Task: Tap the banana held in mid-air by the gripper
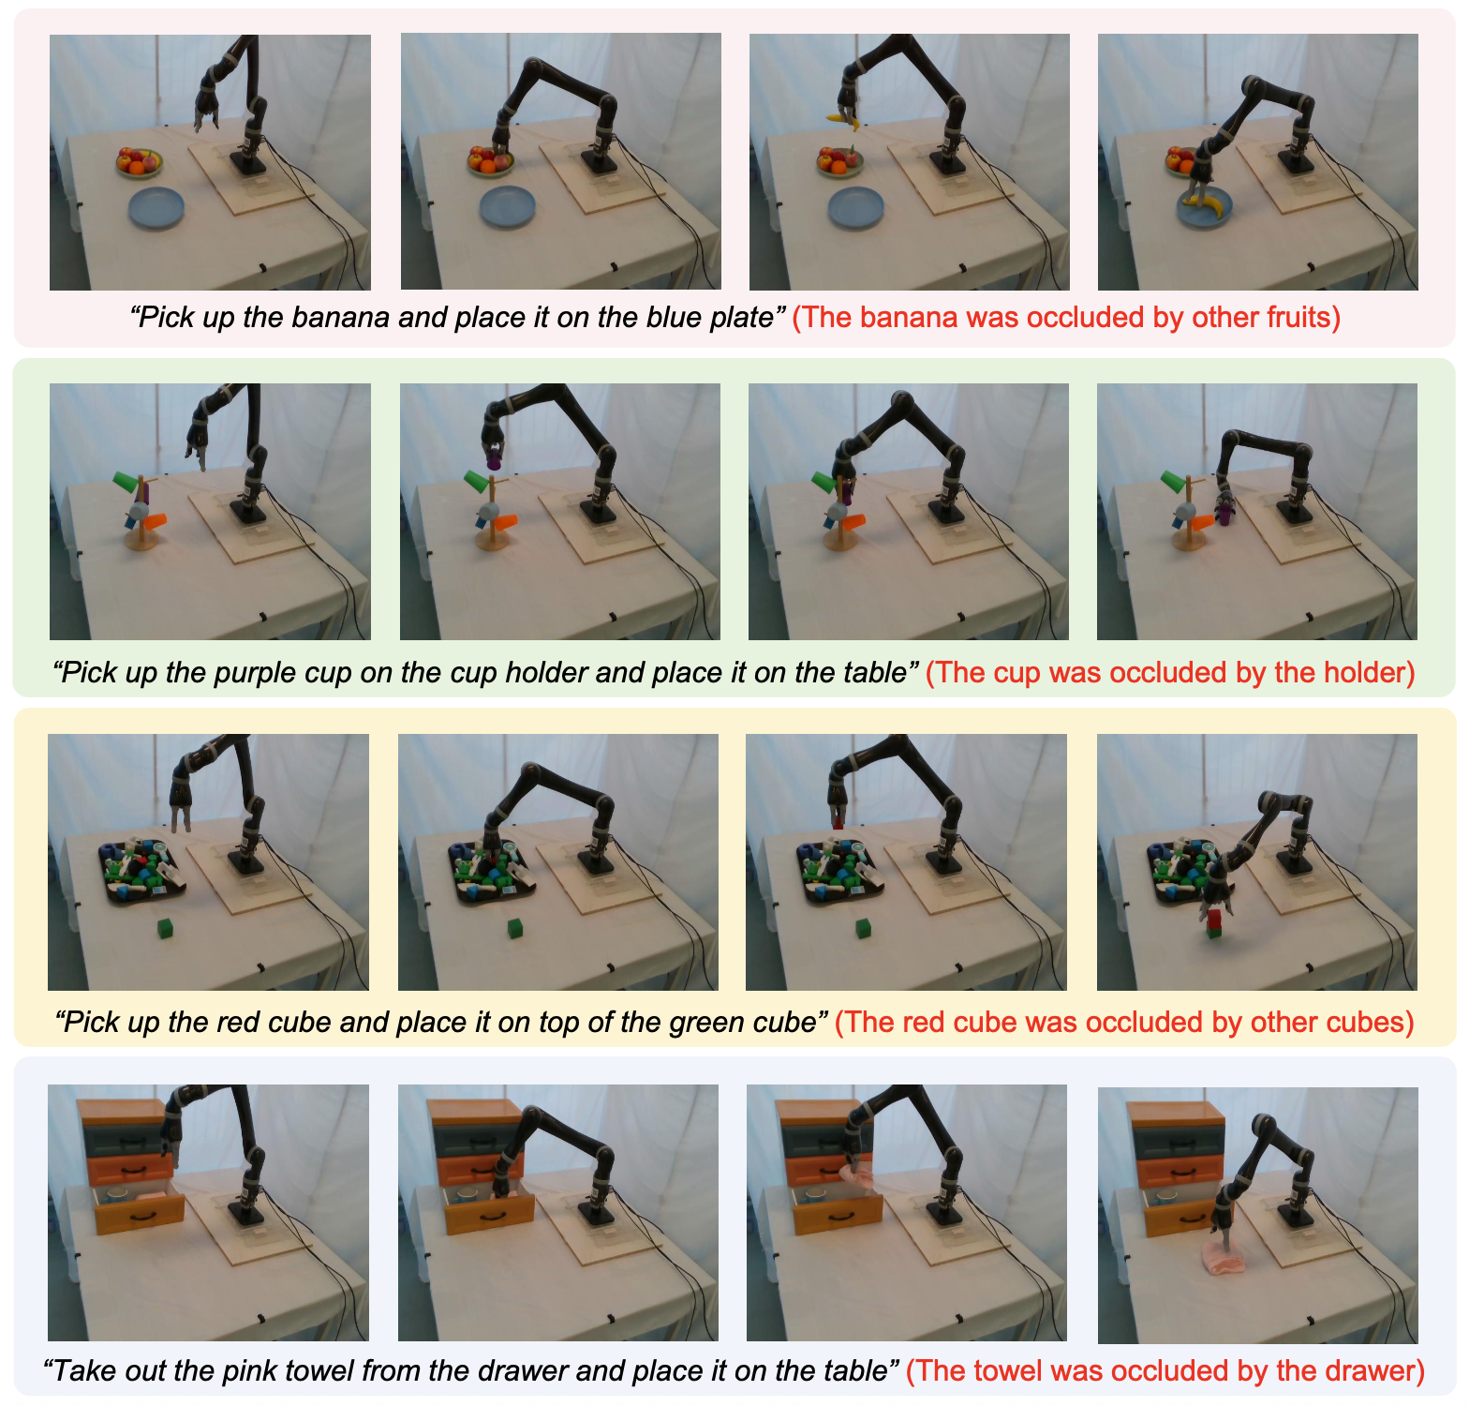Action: point(841,119)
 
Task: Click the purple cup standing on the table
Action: point(1224,510)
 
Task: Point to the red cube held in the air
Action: point(837,823)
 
